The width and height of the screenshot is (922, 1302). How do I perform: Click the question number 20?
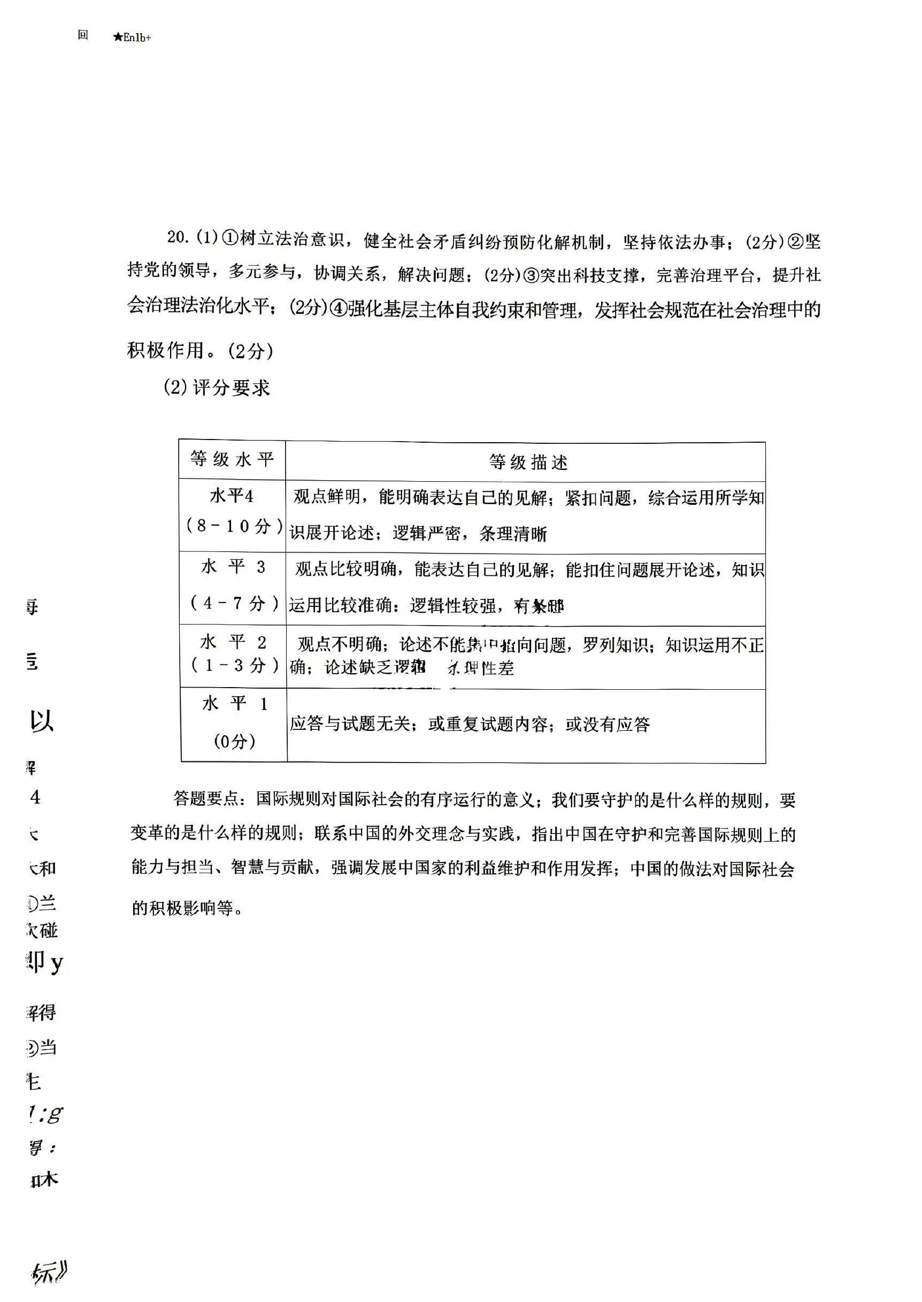[x=177, y=237]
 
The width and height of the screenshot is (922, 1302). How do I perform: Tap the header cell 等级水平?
[x=232, y=459]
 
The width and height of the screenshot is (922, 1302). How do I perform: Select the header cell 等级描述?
[x=528, y=463]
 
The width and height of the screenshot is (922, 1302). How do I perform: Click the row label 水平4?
[x=232, y=497]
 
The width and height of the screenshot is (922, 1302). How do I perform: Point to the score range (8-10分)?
[x=234, y=526]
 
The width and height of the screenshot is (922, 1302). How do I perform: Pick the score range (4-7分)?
[x=234, y=603]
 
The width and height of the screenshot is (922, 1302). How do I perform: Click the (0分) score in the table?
[x=234, y=741]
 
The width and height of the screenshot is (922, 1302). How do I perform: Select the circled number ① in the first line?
[x=230, y=238]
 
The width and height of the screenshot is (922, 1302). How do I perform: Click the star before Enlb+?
[x=118, y=38]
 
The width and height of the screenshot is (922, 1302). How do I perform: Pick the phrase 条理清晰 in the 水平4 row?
[x=513, y=534]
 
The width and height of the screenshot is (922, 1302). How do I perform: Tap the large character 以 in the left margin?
[x=42, y=721]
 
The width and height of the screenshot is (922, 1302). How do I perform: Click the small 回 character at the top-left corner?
[x=83, y=35]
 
